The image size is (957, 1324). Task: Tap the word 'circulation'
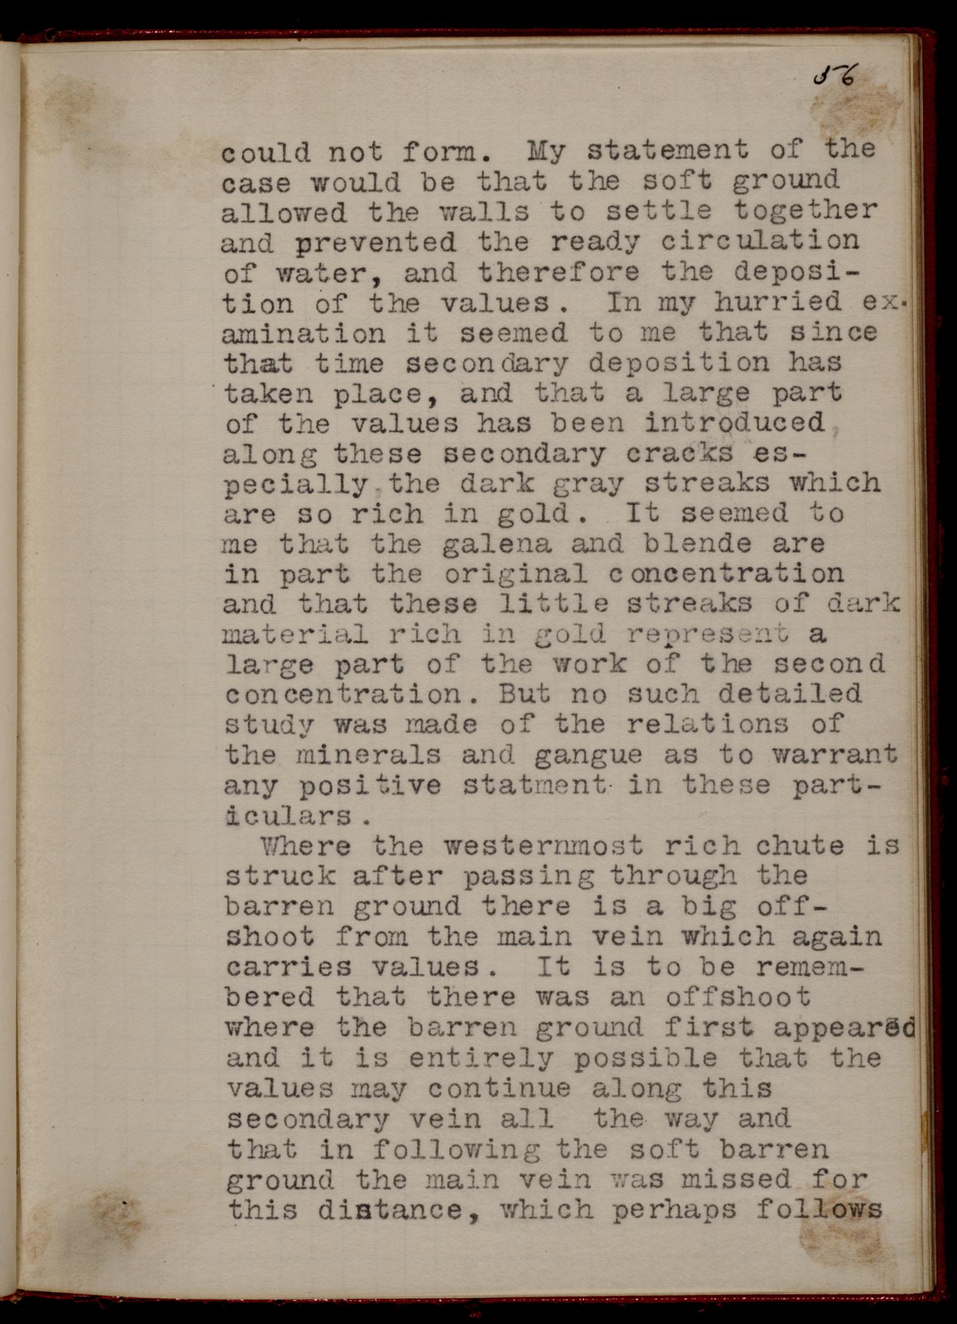(760, 241)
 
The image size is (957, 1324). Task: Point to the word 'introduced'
(734, 423)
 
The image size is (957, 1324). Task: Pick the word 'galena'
(498, 544)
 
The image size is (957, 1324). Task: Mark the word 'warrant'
(835, 755)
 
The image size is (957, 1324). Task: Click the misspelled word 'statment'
(535, 786)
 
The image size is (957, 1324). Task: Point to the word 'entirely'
(481, 1058)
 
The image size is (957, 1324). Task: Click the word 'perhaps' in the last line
(674, 1210)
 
